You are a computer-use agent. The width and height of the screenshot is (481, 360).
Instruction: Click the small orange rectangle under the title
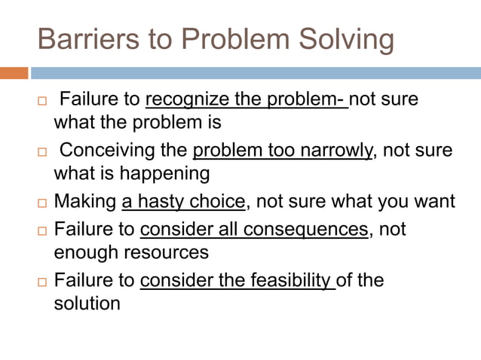pyautogui.click(x=14, y=73)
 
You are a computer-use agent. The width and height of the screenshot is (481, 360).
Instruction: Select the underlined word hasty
pyautogui.click(x=158, y=202)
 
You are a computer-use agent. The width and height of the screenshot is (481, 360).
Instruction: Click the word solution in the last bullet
pyautogui.click(x=87, y=304)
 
